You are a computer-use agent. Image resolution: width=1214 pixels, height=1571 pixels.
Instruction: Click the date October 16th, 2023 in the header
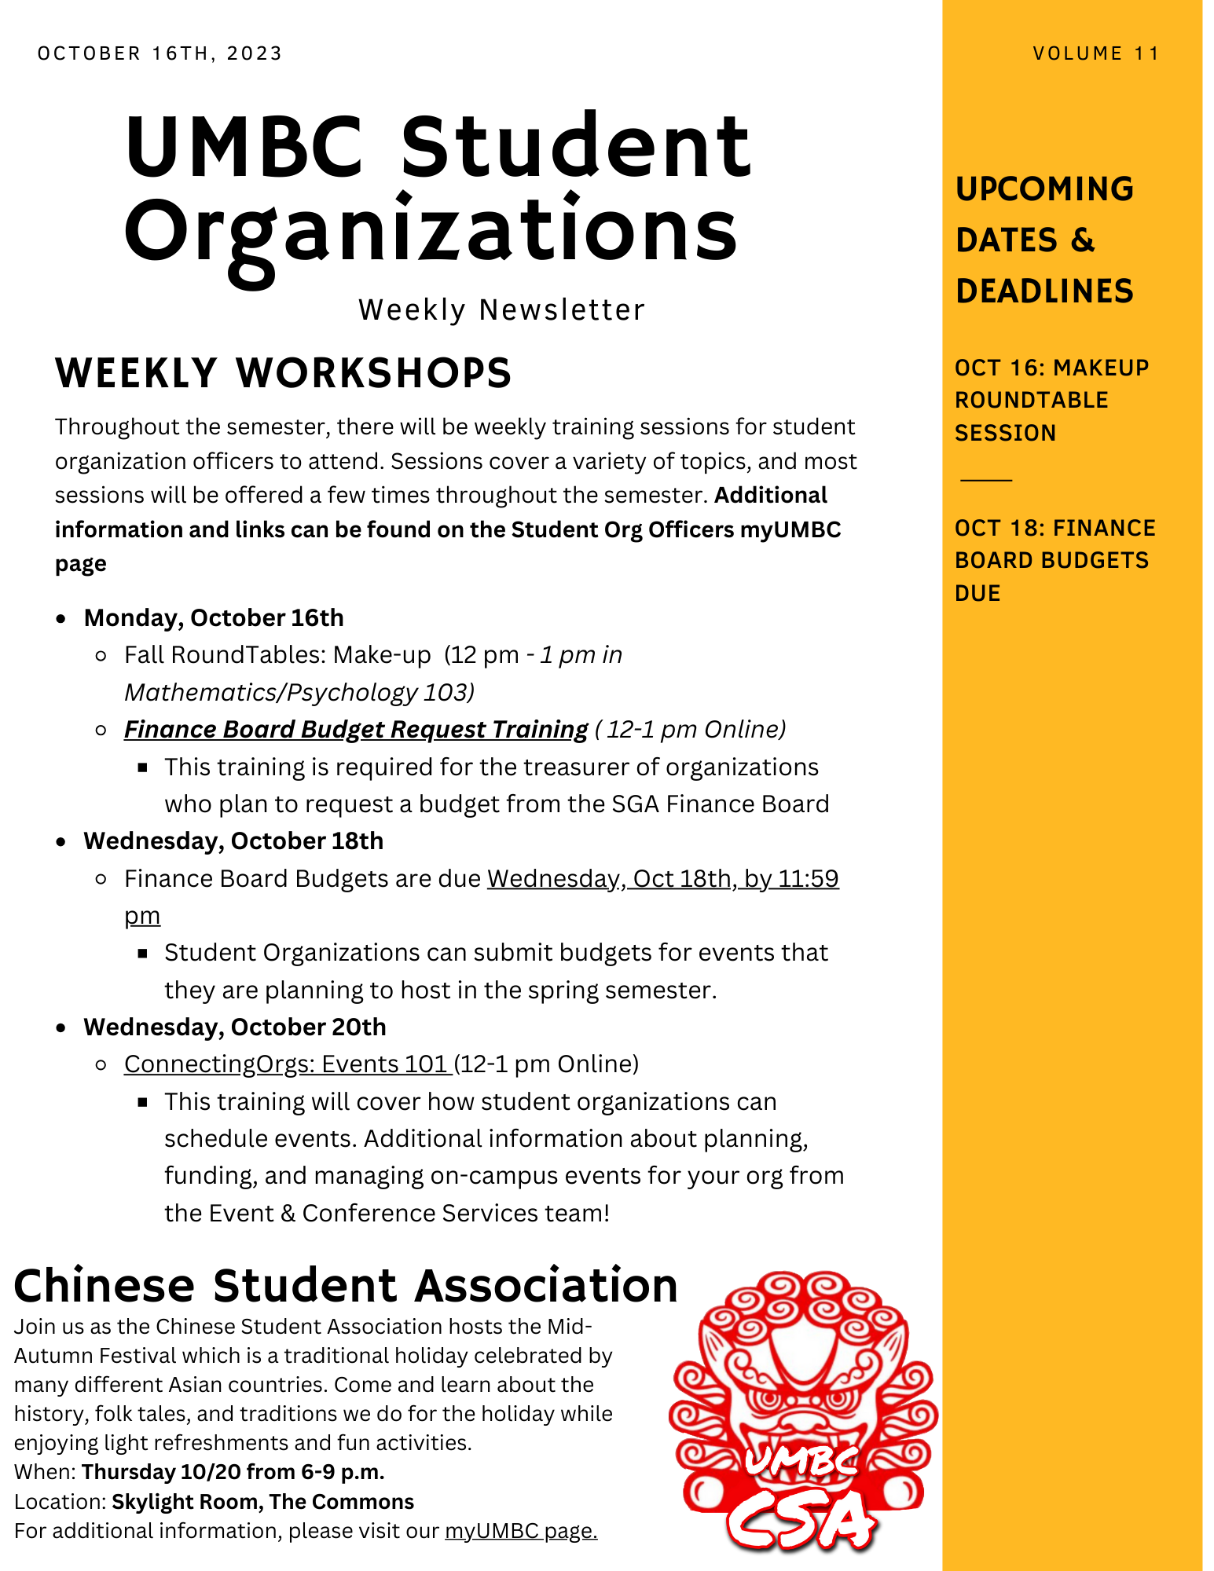point(160,53)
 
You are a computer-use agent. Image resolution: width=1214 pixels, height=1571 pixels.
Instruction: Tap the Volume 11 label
point(1096,53)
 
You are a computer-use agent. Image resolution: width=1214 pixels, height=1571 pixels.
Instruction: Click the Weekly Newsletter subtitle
point(501,310)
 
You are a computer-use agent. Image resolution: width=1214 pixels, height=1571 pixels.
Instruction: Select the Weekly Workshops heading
point(283,373)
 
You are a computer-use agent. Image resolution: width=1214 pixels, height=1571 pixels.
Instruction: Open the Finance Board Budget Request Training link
point(356,730)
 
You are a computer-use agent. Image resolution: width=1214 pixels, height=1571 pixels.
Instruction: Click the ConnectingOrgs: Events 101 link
point(287,1064)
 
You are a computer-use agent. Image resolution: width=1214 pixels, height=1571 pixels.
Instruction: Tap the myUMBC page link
point(521,1531)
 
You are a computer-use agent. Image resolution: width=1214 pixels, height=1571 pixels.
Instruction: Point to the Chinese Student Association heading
point(346,1286)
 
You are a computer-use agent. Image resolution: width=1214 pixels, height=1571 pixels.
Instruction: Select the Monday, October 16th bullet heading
point(214,618)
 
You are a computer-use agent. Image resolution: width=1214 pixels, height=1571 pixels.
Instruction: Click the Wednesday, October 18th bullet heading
point(233,841)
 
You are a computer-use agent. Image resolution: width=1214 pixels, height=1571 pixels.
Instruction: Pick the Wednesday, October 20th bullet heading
point(235,1027)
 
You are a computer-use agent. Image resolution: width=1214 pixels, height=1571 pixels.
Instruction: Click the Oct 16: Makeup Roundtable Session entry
point(1051,401)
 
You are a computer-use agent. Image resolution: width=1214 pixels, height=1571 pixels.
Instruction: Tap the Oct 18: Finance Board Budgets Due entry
point(1054,561)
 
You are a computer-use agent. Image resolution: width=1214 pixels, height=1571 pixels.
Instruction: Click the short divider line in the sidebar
point(986,479)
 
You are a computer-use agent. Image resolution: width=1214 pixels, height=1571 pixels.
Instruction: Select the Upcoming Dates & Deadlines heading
point(1044,240)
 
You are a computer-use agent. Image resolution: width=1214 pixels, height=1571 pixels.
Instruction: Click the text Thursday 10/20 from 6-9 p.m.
point(233,1472)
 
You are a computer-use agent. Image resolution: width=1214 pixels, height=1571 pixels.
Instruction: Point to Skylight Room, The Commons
point(262,1502)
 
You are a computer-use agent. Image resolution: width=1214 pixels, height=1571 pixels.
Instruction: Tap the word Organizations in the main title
point(431,232)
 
